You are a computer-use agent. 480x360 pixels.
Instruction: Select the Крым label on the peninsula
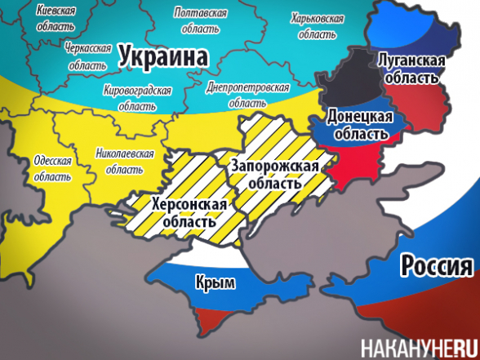click(x=216, y=283)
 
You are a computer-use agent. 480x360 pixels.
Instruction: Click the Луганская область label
click(x=411, y=69)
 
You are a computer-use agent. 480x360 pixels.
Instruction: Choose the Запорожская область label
click(x=273, y=173)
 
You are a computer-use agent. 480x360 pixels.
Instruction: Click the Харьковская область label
click(x=317, y=26)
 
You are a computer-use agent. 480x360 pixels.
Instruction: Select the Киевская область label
click(x=56, y=18)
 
